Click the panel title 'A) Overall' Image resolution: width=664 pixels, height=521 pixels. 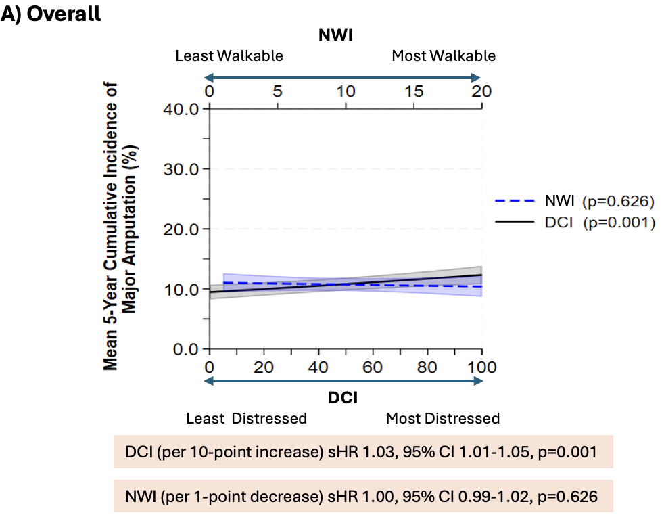(x=51, y=14)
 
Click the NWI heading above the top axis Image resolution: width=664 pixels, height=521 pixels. (x=335, y=35)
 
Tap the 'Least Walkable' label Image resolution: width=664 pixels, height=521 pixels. (x=229, y=55)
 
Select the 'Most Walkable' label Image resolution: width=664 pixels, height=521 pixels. (x=444, y=55)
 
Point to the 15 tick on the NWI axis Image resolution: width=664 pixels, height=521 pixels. (x=414, y=91)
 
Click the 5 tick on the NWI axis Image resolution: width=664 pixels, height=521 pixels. (x=277, y=91)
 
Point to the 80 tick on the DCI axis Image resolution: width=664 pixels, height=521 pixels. (x=427, y=367)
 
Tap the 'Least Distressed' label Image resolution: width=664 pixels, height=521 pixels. (x=246, y=418)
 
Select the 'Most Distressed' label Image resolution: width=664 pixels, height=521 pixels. (x=443, y=418)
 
